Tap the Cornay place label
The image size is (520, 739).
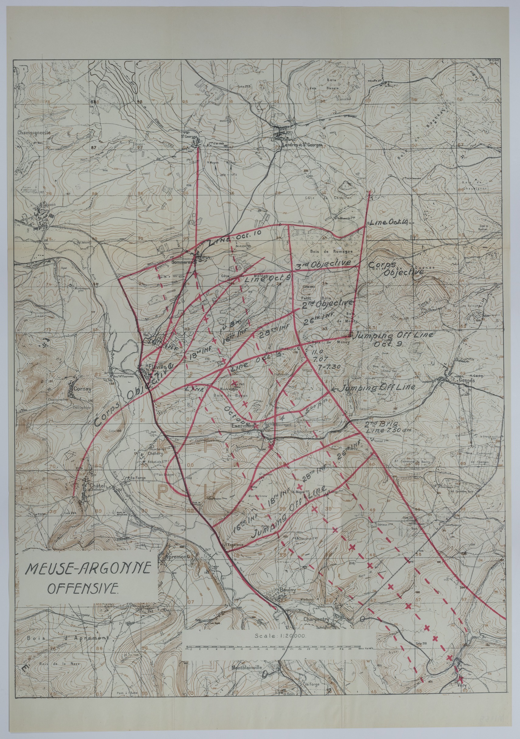click(82, 388)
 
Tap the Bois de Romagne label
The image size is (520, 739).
click(336, 251)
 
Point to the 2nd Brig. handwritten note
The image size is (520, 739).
click(377, 424)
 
